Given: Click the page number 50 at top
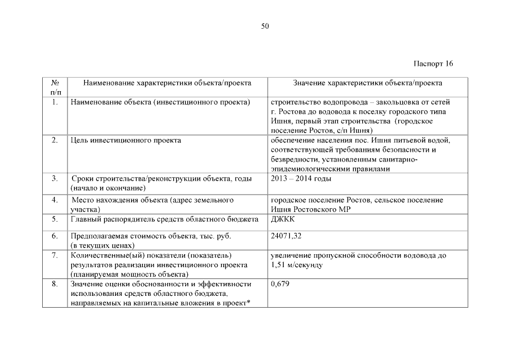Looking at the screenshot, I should [x=265, y=26].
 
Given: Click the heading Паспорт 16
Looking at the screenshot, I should [x=433, y=63].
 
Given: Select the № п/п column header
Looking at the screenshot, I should [x=56, y=87].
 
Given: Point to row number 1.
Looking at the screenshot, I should [x=55, y=102].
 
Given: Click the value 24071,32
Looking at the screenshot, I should [x=286, y=236].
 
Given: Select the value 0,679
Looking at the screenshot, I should [x=280, y=284].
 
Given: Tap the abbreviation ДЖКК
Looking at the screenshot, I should [x=283, y=219].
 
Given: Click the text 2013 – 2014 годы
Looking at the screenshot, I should [x=301, y=178].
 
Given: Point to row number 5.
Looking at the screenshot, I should [x=55, y=219].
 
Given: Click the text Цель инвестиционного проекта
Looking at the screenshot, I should [x=125, y=140].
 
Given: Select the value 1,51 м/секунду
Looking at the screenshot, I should [x=296, y=264].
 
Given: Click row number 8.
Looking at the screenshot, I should [x=55, y=284].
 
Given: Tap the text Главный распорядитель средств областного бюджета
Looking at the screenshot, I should [x=164, y=219].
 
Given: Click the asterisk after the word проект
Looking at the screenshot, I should [x=248, y=303].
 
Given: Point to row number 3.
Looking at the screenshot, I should [x=55, y=178].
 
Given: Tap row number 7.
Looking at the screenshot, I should [x=55, y=255].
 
